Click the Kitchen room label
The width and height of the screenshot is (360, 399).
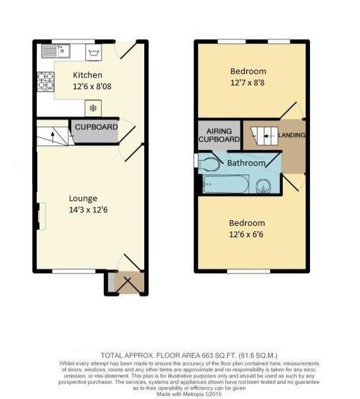[87, 75]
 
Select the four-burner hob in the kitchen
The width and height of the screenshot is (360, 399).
[45, 82]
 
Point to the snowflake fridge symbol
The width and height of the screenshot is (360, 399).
[92, 108]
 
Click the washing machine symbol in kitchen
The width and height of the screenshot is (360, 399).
[94, 51]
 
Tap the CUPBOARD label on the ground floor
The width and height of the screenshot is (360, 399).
[96, 128]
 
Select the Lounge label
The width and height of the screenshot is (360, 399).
[84, 199]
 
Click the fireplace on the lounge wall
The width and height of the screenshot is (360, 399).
[41, 215]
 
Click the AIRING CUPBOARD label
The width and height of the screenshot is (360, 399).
[219, 135]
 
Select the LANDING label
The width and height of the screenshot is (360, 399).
[292, 135]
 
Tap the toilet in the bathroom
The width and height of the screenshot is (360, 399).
[209, 164]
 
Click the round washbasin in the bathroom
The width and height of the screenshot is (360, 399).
[264, 185]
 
